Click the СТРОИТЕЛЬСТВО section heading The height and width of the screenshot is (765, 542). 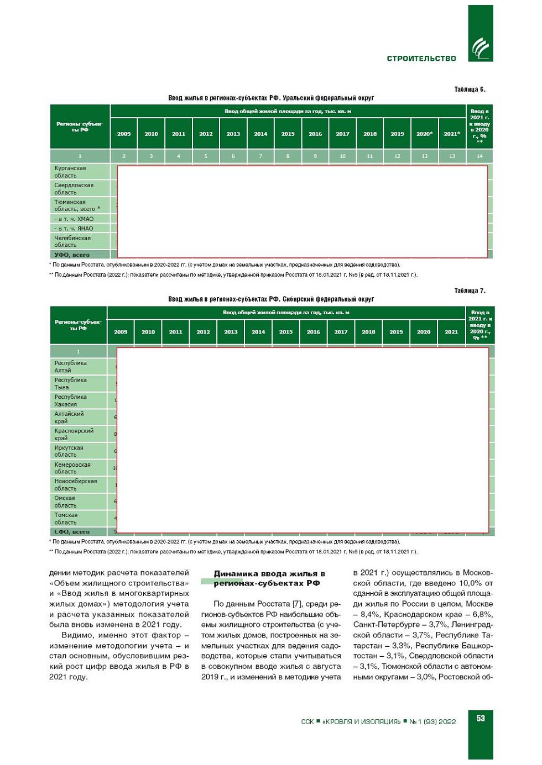click(x=421, y=59)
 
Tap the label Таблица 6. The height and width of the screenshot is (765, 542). click(x=470, y=89)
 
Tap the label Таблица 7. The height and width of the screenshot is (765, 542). click(x=470, y=291)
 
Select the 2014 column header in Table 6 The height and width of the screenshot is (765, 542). click(x=260, y=134)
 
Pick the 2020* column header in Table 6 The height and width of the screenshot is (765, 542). click(x=424, y=134)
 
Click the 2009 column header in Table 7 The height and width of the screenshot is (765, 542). click(x=121, y=332)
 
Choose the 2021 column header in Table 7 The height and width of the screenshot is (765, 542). click(x=451, y=332)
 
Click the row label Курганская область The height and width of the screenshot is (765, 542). click(x=70, y=172)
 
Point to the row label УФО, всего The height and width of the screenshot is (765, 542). click(x=72, y=255)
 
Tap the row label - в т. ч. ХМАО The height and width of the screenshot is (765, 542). click(x=74, y=219)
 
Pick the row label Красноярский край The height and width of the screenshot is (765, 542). click(x=74, y=434)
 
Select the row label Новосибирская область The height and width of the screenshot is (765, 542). click(x=75, y=484)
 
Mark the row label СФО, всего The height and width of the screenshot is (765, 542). click(x=72, y=532)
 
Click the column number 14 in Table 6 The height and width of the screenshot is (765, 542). click(x=480, y=156)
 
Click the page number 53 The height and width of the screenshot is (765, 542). click(x=481, y=718)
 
